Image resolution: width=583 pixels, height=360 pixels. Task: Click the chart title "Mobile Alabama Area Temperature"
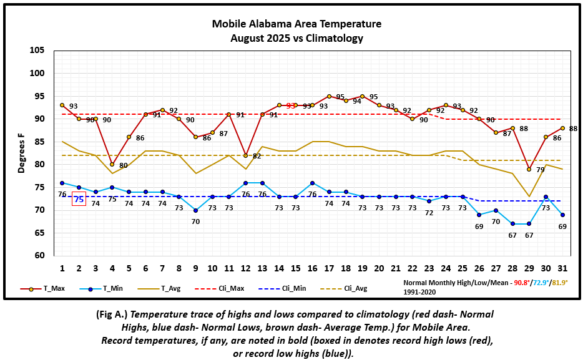pos(296,24)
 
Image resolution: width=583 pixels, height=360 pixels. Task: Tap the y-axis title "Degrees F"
pos(22,152)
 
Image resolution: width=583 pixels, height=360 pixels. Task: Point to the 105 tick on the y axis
pos(39,51)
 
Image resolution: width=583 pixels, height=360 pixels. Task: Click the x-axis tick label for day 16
pos(312,268)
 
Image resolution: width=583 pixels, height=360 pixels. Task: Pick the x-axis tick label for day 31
pos(562,268)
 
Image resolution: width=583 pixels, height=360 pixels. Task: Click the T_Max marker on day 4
pos(112,164)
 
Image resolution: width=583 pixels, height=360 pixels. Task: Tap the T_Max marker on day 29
pos(529,169)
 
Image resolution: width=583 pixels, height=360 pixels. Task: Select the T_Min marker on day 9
pos(195,210)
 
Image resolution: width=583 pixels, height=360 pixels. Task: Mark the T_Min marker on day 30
pos(546,197)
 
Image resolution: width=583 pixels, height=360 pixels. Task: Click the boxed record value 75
pos(79,200)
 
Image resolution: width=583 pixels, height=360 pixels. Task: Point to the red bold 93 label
pos(291,106)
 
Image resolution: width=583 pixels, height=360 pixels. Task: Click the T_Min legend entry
pos(99,289)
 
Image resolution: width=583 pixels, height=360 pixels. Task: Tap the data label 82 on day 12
pos(257,156)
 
